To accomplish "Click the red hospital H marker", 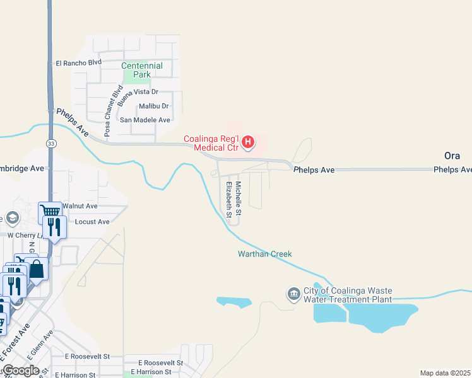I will point(248,142).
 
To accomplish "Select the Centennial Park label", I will point(142,70).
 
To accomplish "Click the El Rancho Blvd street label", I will point(79,62).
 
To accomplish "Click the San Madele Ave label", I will point(145,120).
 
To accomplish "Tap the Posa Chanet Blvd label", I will point(108,103).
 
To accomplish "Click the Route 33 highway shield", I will point(50,144).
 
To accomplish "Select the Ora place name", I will point(452,156).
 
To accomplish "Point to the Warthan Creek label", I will point(265,254).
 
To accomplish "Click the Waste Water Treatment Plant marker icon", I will point(293,294).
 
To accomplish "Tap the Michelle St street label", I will point(239,196).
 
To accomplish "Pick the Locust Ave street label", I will point(92,222).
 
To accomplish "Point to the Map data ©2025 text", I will point(445,373).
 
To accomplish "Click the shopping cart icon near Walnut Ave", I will point(50,211).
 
